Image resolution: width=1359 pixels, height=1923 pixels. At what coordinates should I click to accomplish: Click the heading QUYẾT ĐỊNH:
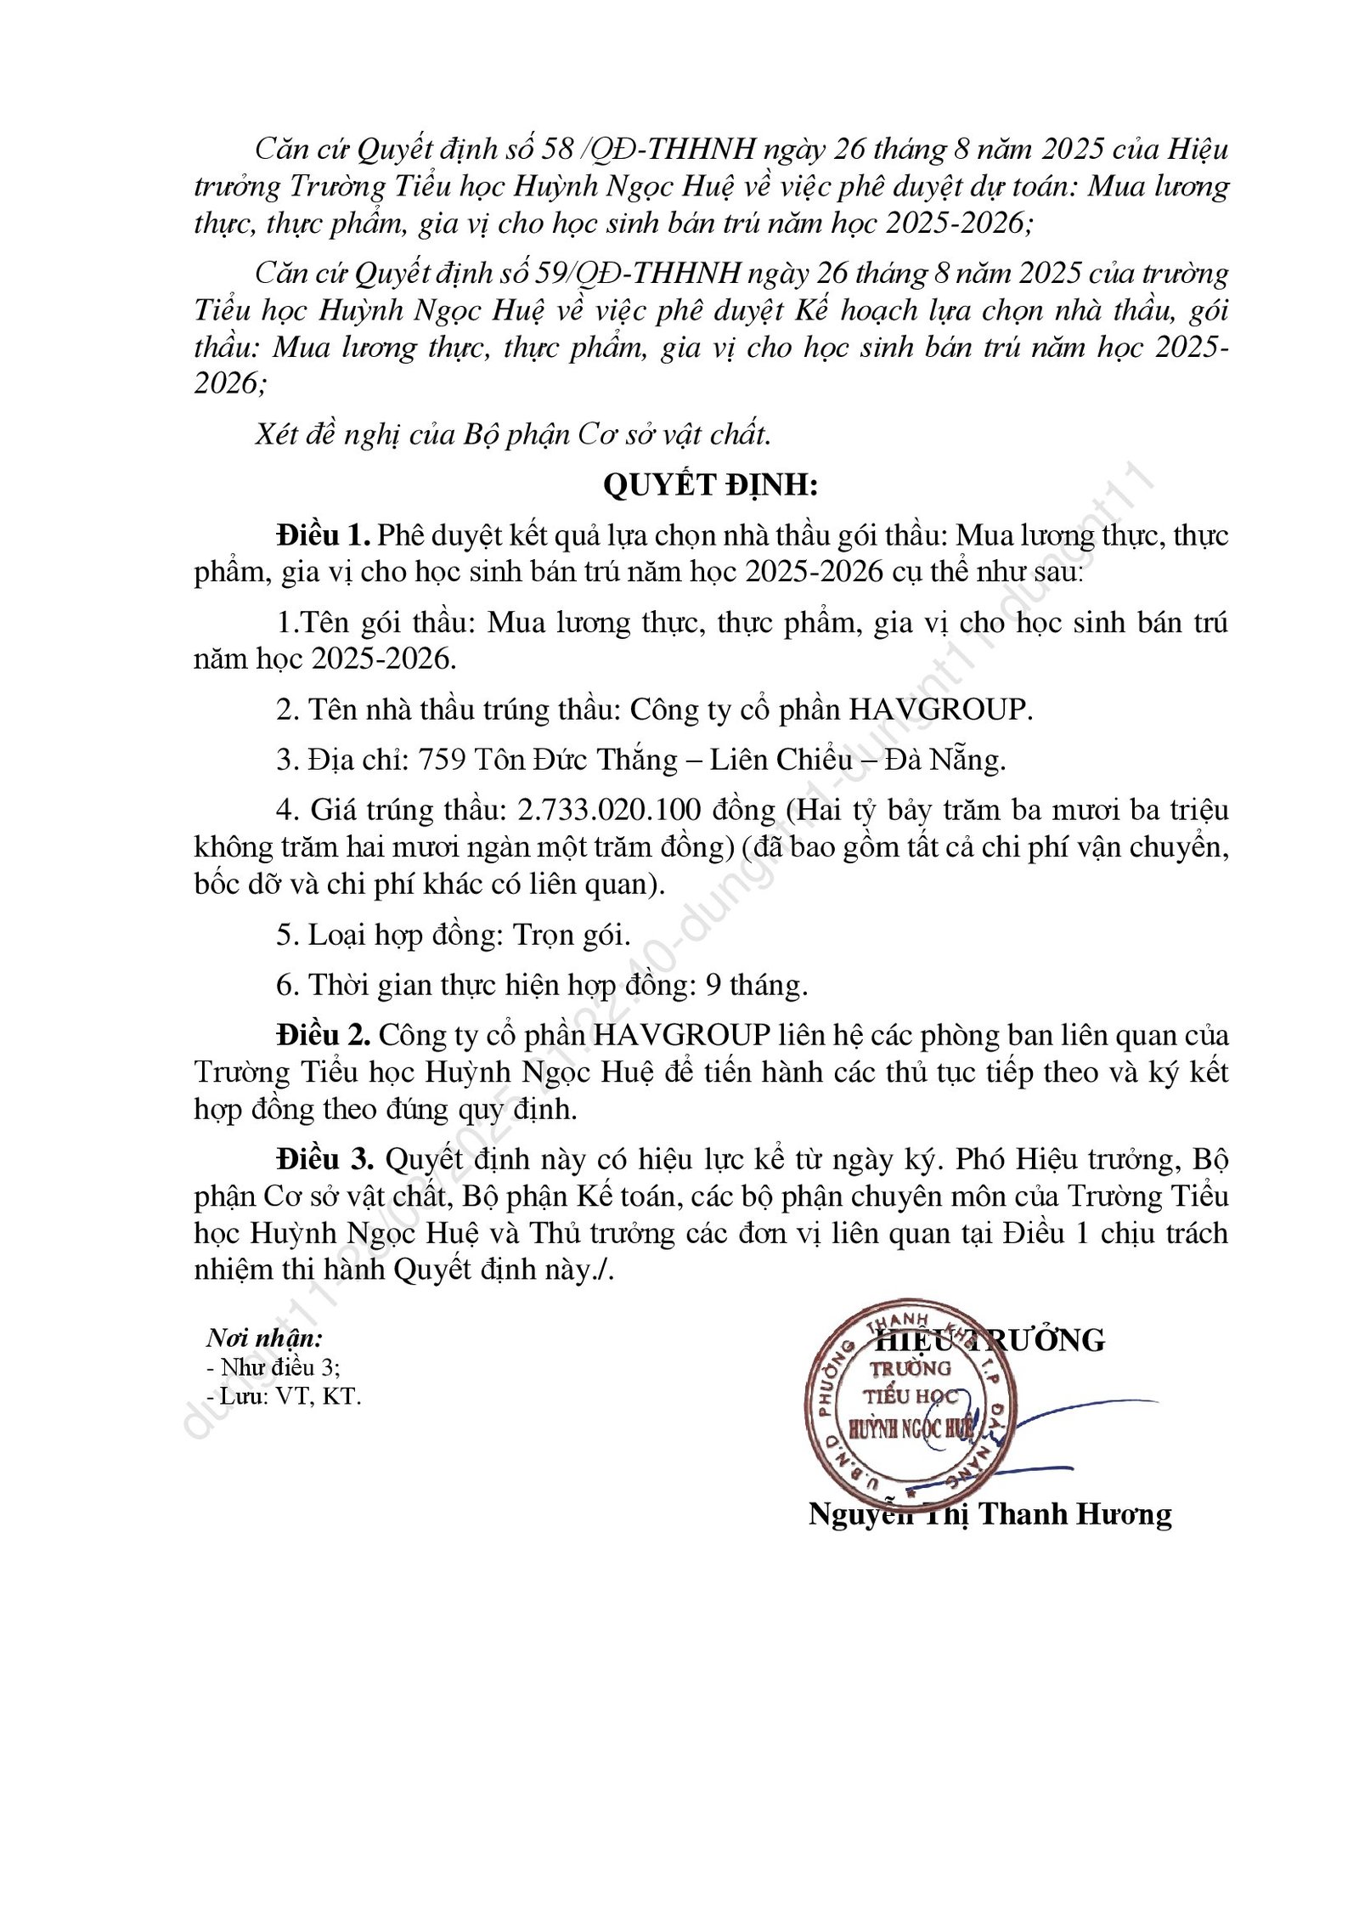(x=709, y=485)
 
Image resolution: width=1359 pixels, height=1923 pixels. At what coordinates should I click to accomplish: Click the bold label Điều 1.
(x=323, y=536)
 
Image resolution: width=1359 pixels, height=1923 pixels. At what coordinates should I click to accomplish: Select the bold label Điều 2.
(x=323, y=1035)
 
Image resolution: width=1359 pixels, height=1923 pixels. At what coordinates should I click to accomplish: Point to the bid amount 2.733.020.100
(x=609, y=810)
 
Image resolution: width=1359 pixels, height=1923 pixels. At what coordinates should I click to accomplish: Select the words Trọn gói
(x=572, y=935)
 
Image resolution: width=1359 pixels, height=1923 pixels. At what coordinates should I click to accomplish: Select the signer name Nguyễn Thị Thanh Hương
(x=990, y=1513)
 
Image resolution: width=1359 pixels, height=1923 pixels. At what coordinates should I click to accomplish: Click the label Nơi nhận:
(x=264, y=1338)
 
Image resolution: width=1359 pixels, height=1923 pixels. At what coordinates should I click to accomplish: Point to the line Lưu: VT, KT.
(x=285, y=1396)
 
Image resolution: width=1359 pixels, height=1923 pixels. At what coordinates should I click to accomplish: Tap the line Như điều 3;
(x=273, y=1367)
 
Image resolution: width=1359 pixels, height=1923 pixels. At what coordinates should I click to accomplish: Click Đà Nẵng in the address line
(x=945, y=760)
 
